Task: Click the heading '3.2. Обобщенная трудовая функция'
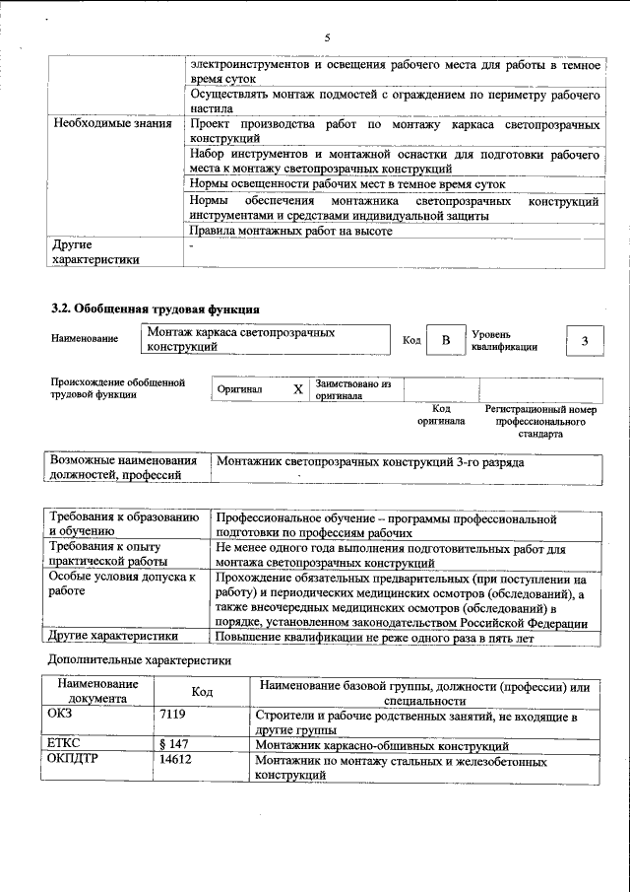coord(155,308)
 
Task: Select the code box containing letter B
coord(446,341)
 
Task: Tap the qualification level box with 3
coord(585,341)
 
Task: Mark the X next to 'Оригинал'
coord(298,389)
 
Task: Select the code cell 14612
coord(174,761)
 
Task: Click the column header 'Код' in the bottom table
coord(202,692)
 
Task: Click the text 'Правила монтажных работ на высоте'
coord(291,233)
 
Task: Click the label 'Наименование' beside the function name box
coord(84,339)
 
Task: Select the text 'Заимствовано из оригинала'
coord(353,389)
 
